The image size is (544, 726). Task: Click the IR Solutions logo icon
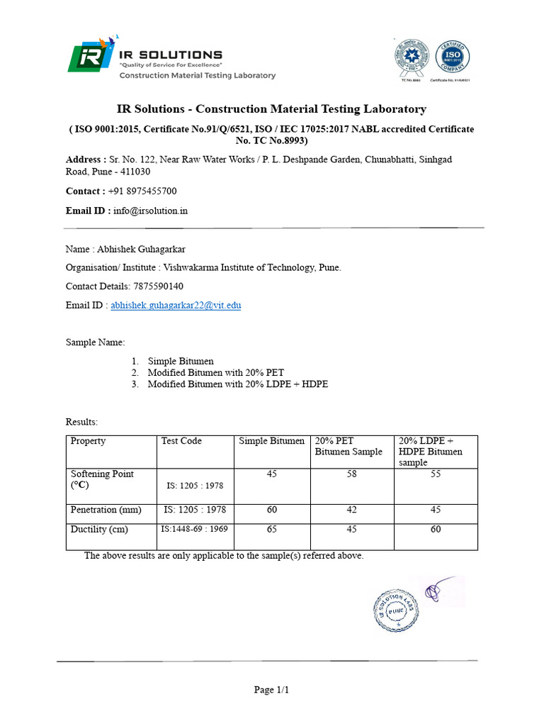tap(89, 57)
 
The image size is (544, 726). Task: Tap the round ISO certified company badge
tap(453, 57)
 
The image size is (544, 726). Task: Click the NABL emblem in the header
tap(412, 57)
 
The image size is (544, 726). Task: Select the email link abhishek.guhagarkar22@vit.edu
tap(176, 306)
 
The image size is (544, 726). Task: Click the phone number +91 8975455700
tap(142, 191)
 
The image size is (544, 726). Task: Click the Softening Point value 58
tap(352, 474)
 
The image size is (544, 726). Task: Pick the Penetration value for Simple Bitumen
tap(272, 510)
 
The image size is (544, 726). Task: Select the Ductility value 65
tap(272, 529)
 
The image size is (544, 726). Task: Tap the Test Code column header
tap(181, 441)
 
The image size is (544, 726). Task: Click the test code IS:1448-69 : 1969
tap(193, 529)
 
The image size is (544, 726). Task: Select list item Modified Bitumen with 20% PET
tap(215, 372)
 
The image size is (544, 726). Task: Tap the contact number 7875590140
tap(158, 286)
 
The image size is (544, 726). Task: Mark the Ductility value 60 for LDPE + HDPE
tap(436, 529)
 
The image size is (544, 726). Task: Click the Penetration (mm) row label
tap(106, 510)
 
